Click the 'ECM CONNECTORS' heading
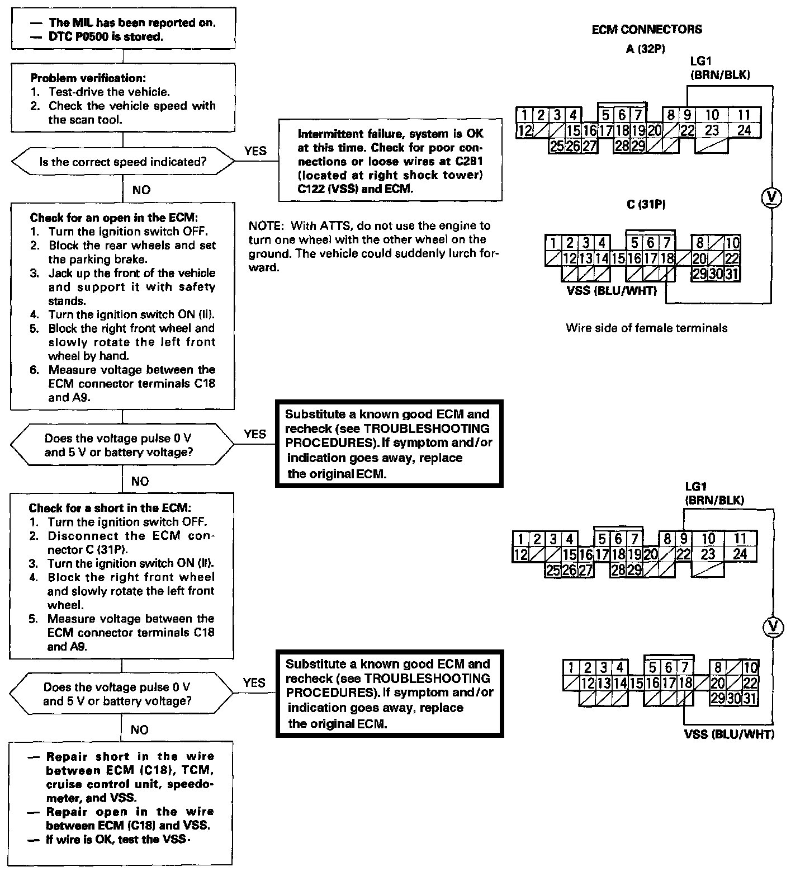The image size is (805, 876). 647,30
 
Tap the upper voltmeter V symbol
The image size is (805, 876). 772,196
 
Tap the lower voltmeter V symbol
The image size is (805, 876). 774,627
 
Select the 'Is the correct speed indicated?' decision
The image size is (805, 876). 122,162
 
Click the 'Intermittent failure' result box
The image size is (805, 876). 390,161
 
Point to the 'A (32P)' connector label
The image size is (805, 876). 646,49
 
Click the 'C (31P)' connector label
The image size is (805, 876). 646,205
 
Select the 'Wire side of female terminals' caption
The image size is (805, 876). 647,328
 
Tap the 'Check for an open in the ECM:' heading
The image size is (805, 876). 113,218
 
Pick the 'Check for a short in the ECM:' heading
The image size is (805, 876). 110,508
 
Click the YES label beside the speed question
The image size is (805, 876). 255,150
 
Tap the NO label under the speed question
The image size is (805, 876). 141,190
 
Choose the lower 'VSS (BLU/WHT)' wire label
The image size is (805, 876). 729,734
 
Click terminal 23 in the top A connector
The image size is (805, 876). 711,130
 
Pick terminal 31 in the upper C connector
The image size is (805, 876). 732,274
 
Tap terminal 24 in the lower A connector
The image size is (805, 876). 740,554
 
